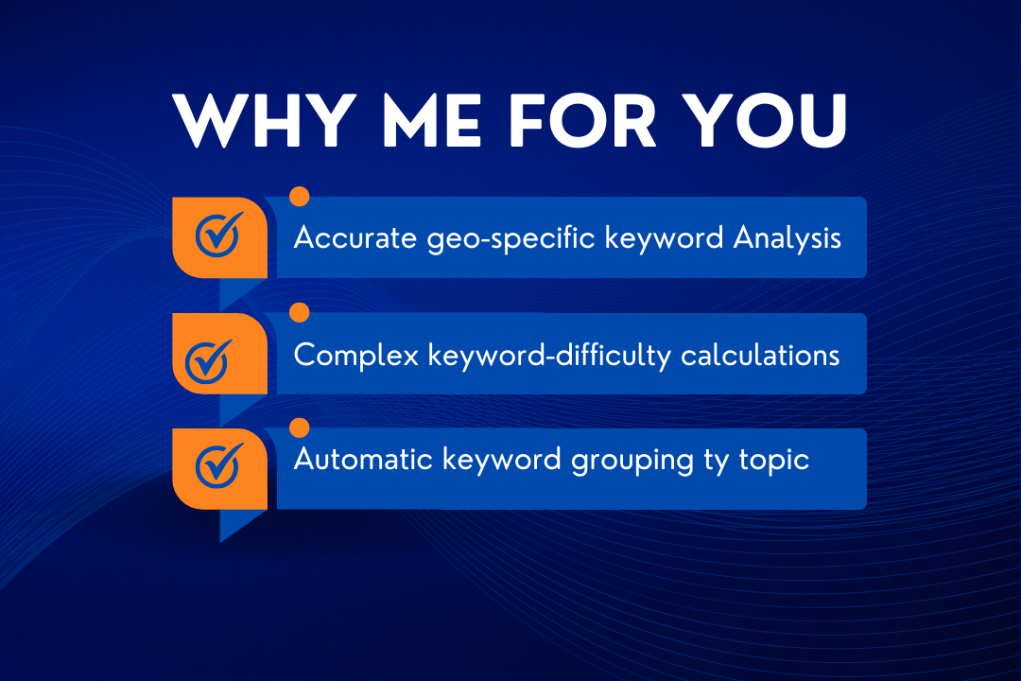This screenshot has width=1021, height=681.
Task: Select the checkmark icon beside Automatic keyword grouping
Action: (219, 463)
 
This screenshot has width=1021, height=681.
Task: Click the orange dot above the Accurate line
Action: (300, 197)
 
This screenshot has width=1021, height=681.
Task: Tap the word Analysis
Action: (787, 238)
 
